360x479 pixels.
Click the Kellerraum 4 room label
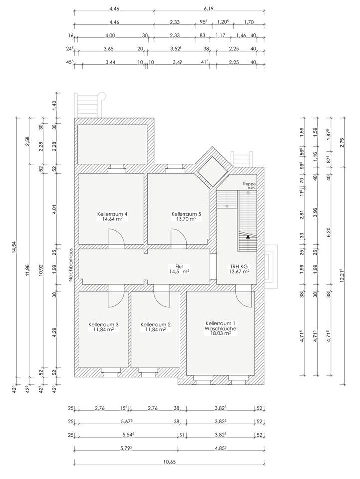[112, 214]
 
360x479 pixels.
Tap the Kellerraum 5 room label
[186, 214]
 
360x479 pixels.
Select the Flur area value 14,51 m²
[179, 271]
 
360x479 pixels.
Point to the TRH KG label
[239, 266]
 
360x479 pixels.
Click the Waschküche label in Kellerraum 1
[221, 329]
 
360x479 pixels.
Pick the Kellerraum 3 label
[104, 324]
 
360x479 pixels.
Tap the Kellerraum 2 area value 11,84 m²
[156, 329]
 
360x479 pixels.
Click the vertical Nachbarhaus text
[70, 264]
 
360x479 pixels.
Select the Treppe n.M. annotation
[249, 186]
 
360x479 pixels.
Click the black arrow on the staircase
[248, 236]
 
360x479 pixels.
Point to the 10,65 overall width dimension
[170, 470]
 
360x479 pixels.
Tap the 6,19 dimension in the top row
[209, 9]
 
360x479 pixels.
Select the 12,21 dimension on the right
[342, 276]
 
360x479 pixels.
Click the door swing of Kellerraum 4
[116, 237]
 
